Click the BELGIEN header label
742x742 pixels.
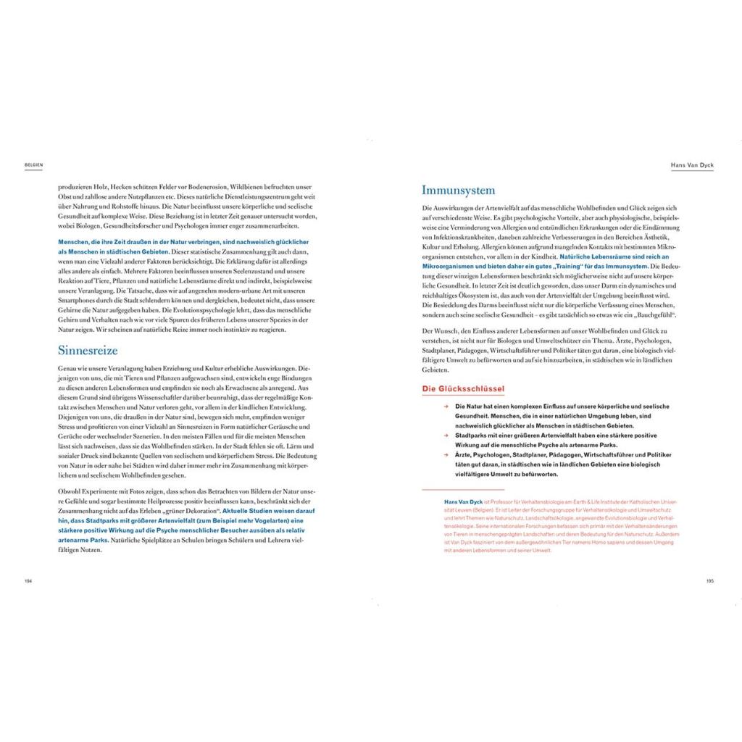[33, 164]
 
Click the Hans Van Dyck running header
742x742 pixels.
[692, 164]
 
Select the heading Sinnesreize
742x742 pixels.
[88, 349]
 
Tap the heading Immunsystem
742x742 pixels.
[458, 191]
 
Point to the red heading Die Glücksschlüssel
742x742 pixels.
[463, 389]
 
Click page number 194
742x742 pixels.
[29, 580]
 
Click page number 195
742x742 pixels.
[710, 580]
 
